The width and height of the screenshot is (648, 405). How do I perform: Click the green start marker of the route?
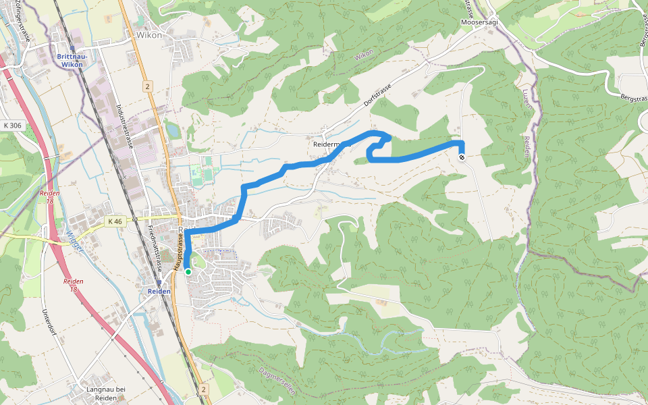[188, 272]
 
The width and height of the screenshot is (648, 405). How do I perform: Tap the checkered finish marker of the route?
[462, 157]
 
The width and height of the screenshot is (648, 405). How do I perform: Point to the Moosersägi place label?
[479, 22]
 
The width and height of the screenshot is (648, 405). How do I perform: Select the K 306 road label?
[13, 125]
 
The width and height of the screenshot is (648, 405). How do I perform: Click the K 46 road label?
[115, 221]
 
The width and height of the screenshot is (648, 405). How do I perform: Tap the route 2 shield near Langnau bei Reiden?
[203, 389]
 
